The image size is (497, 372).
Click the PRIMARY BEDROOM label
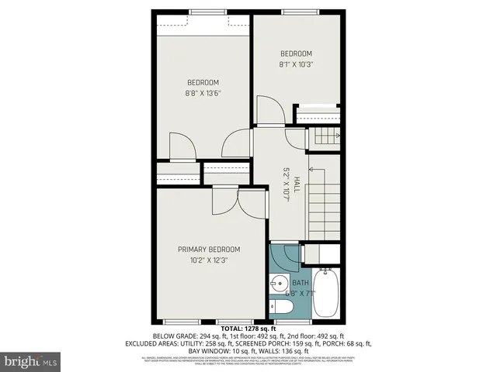click(209, 249)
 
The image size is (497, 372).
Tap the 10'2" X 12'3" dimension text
click(209, 260)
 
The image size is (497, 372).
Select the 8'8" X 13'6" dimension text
click(203, 95)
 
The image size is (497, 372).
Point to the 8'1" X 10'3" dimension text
click(297, 64)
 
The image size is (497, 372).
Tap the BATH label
click(300, 283)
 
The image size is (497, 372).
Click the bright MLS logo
click(31, 360)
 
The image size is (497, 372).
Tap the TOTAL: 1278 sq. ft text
click(248, 329)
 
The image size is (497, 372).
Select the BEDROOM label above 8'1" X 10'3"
click(297, 53)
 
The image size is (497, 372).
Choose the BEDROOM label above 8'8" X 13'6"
click(203, 82)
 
